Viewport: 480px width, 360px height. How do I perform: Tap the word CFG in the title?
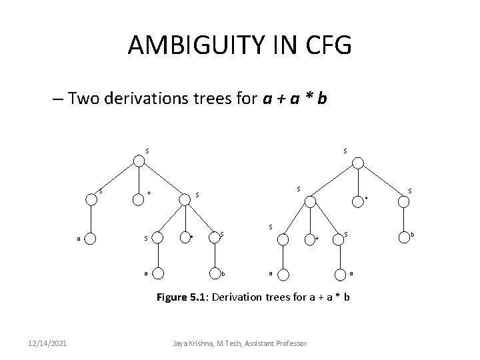point(325,46)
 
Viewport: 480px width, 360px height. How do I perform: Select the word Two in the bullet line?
point(83,100)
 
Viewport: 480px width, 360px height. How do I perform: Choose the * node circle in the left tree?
point(185,235)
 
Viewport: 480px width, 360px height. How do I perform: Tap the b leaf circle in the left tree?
point(213,273)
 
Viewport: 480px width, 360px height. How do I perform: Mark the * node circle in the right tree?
point(358,199)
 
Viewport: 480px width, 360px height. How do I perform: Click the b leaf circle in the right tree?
point(402,235)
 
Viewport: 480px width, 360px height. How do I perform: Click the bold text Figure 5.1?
point(181,297)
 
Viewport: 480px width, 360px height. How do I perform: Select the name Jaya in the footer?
point(181,343)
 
